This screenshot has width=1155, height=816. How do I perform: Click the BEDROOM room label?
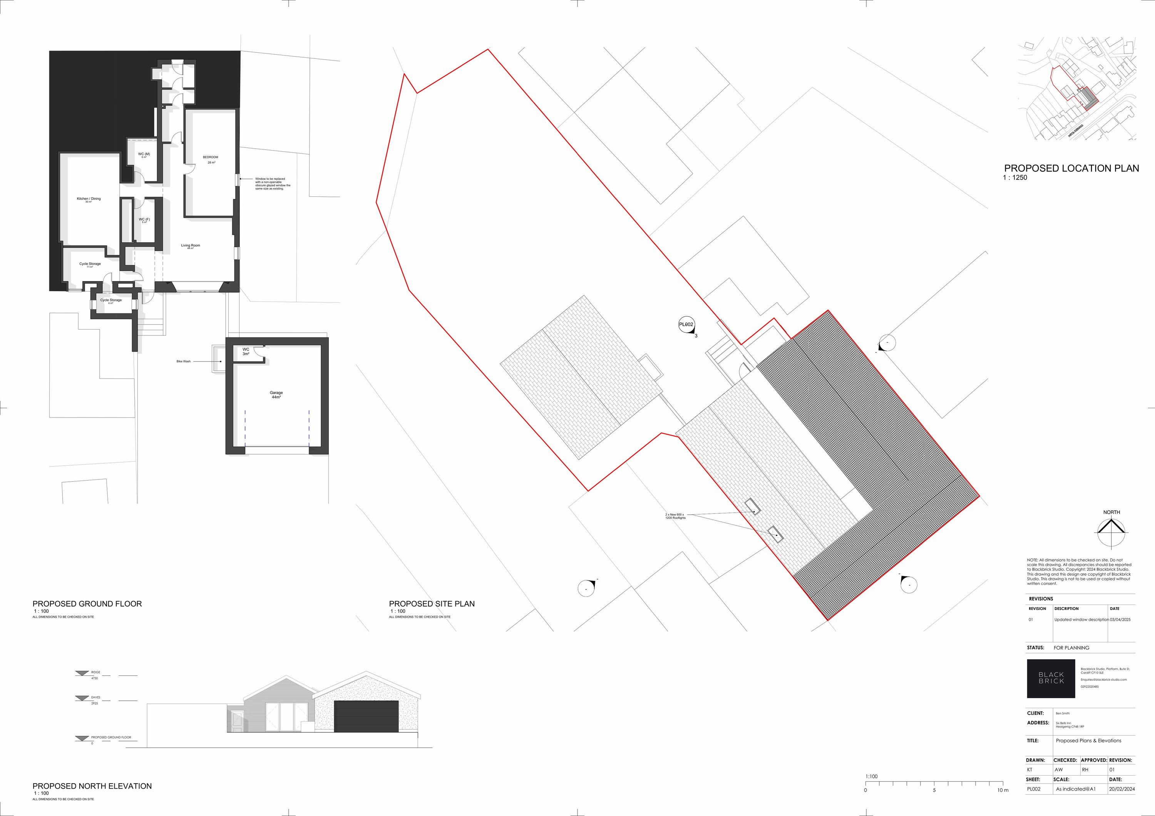(x=210, y=158)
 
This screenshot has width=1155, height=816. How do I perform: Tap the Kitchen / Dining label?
(x=89, y=199)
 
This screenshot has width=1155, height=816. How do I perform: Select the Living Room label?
(x=191, y=246)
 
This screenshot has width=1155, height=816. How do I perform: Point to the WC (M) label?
(x=144, y=154)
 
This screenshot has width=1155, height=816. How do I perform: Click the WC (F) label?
(x=144, y=219)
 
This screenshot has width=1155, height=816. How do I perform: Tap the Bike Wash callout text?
(x=184, y=361)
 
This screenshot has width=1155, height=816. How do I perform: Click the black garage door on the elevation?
(x=366, y=716)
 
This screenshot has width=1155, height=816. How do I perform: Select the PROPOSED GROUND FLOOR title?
(x=87, y=604)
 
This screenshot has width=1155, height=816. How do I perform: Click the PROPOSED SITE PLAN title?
(x=432, y=604)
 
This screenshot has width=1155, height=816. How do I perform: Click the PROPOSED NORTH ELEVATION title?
(x=92, y=786)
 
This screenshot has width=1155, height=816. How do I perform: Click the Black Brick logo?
(x=1051, y=678)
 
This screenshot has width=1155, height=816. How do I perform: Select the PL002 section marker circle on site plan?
(x=686, y=325)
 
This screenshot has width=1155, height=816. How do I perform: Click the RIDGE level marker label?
(x=95, y=672)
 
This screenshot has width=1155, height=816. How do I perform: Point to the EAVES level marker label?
(x=95, y=697)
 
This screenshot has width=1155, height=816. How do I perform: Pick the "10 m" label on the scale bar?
(x=1003, y=790)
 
